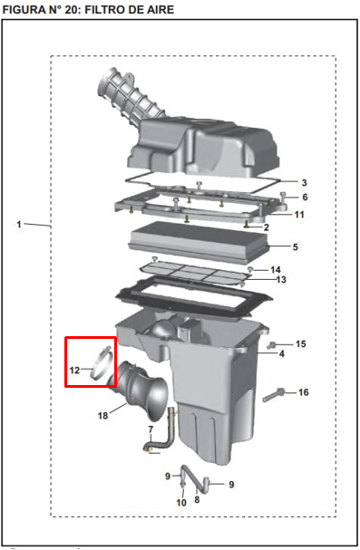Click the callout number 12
pos(74,370)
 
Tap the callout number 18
pos(102,416)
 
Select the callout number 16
pos(304,392)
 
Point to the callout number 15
pos(301,343)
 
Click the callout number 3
pos(304,183)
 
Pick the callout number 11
pos(299,215)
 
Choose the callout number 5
pos(295,247)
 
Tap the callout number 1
pos(19,224)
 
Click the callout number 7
pos(151,429)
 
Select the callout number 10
pos(181,503)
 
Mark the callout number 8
pos(197,499)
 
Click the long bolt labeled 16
pos(273,395)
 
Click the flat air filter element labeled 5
pos(199,242)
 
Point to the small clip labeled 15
pos(271,344)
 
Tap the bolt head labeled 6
pos(283,195)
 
